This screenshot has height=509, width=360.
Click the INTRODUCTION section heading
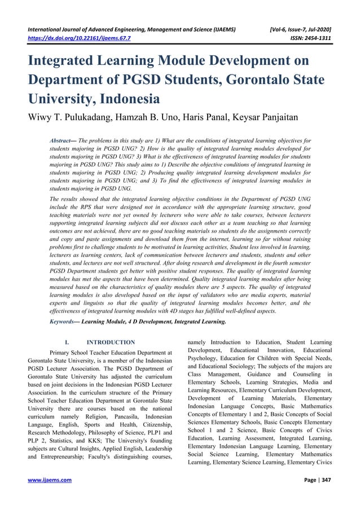[x=111, y=342]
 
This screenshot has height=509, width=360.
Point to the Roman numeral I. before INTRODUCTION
[x=67, y=342]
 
